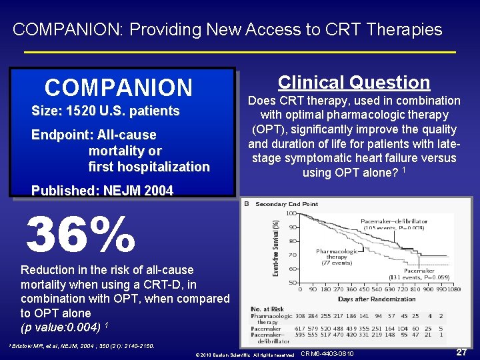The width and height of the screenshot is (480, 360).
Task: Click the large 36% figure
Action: (x=81, y=235)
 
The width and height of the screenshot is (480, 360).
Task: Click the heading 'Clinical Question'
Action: (x=353, y=83)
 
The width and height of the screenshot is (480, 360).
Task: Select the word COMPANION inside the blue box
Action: (x=118, y=87)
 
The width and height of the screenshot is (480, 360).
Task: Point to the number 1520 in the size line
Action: (x=79, y=111)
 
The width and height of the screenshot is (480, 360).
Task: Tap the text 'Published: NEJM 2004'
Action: (x=102, y=191)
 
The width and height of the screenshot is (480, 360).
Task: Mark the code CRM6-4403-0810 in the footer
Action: (x=327, y=353)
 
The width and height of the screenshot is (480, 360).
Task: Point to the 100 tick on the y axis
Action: (x=291, y=213)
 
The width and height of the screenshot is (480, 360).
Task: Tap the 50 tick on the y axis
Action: (x=292, y=283)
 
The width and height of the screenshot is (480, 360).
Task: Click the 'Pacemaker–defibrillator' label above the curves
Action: (x=394, y=221)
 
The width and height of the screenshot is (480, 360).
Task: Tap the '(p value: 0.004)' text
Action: (x=61, y=327)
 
